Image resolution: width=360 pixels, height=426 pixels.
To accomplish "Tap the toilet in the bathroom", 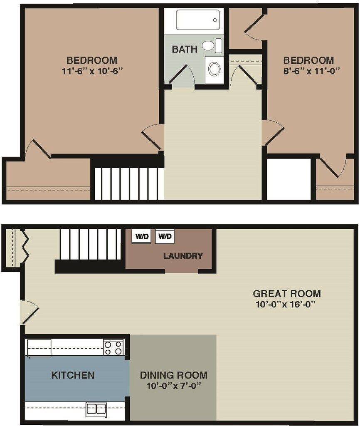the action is [x=212, y=45].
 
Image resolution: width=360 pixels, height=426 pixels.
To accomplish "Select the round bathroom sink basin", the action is [x=215, y=69].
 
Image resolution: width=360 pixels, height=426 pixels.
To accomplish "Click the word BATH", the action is [x=185, y=49].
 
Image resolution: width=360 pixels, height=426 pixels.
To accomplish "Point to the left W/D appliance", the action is [x=141, y=236].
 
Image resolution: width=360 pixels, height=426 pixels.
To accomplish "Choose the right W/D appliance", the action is [x=165, y=236].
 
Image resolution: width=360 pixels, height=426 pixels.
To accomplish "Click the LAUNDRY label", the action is [x=183, y=256].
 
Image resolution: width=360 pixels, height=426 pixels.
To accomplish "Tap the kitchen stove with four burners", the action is [x=113, y=348].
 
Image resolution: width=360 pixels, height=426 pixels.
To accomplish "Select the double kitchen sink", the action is [x=96, y=410].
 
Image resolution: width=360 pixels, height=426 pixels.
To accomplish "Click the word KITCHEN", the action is [x=73, y=375].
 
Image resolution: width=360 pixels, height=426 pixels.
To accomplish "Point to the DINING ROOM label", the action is [x=174, y=375].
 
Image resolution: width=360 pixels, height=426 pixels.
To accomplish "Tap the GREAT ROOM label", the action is [x=287, y=293].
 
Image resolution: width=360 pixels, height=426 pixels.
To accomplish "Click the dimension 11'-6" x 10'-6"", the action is [x=92, y=71].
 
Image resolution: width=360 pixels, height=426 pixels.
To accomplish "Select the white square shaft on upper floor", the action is [x=288, y=179].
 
